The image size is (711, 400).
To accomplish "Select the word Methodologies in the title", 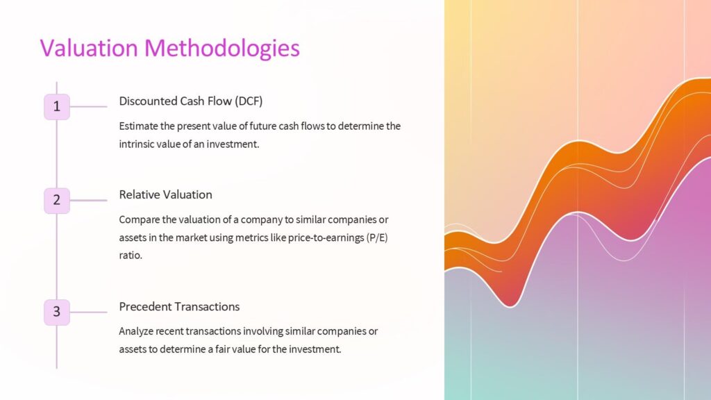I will [222, 48].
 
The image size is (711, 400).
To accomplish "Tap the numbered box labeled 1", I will [57, 107].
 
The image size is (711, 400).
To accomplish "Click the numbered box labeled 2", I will [57, 200].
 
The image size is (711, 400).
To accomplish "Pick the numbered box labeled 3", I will [57, 312].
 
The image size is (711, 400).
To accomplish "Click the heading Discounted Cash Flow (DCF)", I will [191, 101].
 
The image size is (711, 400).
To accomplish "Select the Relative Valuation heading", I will [165, 194].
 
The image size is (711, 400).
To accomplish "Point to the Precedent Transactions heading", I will [179, 306].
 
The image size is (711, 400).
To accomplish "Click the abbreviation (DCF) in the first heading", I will [249, 101].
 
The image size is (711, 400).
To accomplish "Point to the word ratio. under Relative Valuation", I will [131, 256].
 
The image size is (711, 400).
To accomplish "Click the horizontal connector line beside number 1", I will [88, 107].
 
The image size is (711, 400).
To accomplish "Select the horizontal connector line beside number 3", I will [88, 312].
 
